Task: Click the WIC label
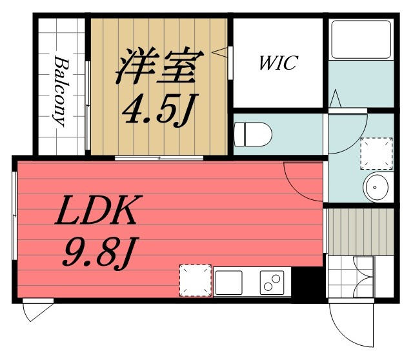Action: tap(279, 63)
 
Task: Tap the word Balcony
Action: tap(61, 91)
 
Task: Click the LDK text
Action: tap(98, 210)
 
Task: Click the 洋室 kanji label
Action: tap(159, 66)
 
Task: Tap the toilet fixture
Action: tap(253, 134)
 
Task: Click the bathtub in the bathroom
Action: tap(361, 39)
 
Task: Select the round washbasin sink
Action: tap(376, 187)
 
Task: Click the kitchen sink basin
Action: tap(228, 283)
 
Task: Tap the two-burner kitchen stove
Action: tap(272, 283)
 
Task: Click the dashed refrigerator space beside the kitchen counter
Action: tap(196, 281)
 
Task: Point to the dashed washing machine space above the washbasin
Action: tap(376, 154)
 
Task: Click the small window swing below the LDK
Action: tap(37, 310)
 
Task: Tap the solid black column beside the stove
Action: tap(307, 284)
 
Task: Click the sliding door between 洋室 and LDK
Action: tap(159, 158)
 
